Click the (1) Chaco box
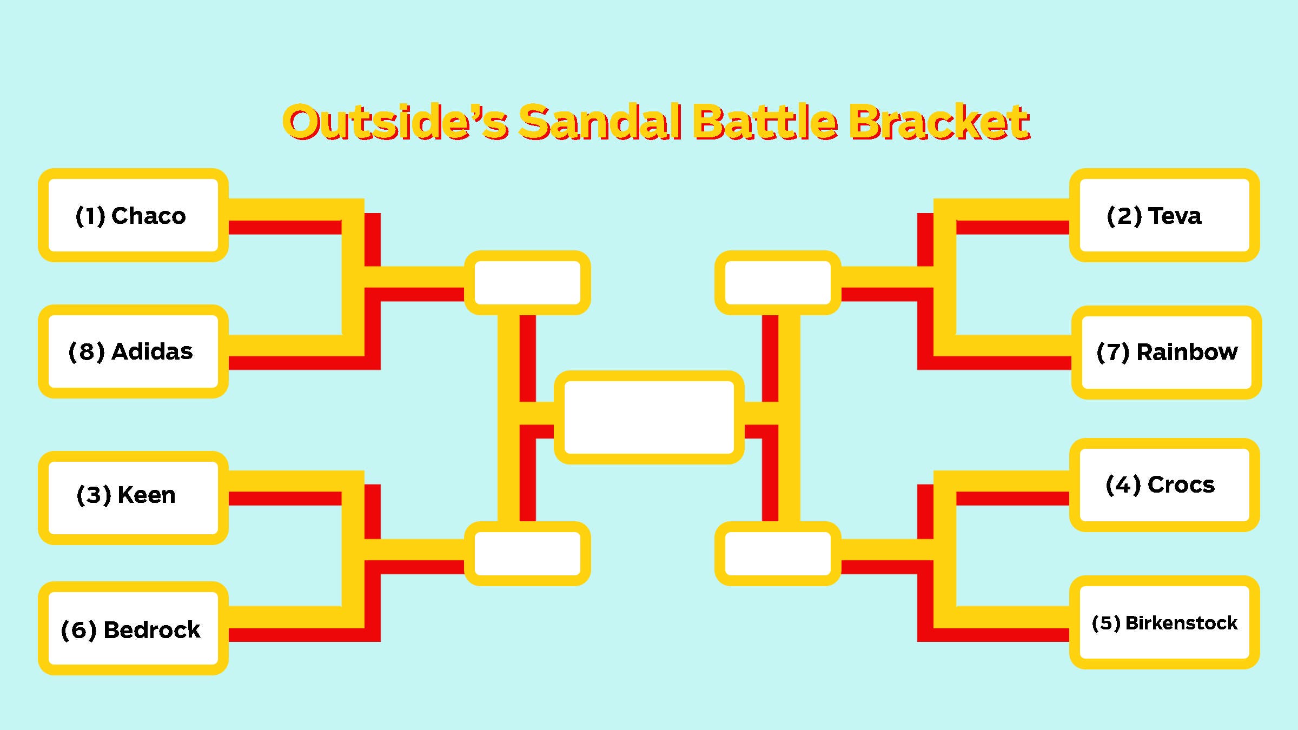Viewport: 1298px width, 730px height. [x=133, y=215]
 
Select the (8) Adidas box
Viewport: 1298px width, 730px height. [x=133, y=351]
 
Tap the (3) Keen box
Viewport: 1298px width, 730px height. [x=133, y=497]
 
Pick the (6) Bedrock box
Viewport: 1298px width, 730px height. [x=133, y=628]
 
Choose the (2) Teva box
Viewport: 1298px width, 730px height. [x=1164, y=215]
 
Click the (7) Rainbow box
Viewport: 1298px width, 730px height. [x=1167, y=353]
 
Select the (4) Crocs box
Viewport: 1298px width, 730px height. [x=1164, y=485]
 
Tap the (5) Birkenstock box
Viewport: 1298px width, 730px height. [x=1164, y=622]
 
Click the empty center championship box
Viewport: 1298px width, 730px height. [x=649, y=417]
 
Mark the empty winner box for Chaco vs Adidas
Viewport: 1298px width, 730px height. [x=527, y=283]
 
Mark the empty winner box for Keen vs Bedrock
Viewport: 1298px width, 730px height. [x=527, y=554]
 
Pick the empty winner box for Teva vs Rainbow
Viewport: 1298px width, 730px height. [x=778, y=283]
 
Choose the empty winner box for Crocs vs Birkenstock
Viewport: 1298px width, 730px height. [x=778, y=554]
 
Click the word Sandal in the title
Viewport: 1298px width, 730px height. [x=601, y=122]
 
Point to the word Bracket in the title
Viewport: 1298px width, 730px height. [x=939, y=122]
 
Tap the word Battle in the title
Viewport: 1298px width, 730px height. [x=766, y=122]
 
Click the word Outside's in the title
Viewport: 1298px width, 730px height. [x=396, y=122]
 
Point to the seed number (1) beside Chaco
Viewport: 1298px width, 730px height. [x=90, y=216]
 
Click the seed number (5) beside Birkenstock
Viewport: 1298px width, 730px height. [x=1106, y=623]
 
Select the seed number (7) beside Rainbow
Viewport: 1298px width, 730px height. [x=1113, y=353]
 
